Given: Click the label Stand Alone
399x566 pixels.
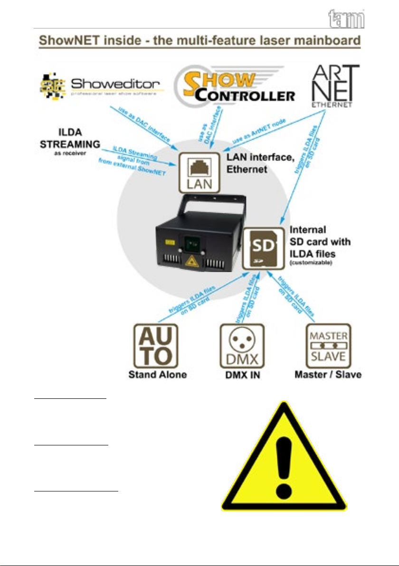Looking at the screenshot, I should [x=157, y=375].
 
